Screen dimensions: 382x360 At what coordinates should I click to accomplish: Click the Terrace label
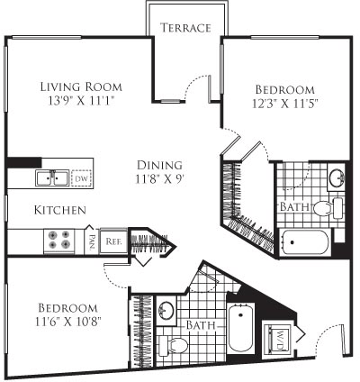pos(185,28)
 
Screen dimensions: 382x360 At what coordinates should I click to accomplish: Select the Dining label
pos(160,165)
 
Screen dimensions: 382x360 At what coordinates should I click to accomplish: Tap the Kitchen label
pos(60,210)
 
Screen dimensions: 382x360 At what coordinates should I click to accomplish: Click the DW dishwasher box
pos(82,178)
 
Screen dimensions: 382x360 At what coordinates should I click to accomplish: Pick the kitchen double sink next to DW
pos(51,178)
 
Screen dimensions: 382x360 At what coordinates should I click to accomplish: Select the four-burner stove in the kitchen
pos(60,239)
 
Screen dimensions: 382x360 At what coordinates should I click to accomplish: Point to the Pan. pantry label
pos(94,240)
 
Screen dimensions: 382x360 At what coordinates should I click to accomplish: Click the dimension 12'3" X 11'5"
pos(284,104)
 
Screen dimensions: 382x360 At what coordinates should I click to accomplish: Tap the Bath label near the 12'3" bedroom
pos(294,206)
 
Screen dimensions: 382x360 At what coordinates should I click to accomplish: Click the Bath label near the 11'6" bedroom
pos(201,323)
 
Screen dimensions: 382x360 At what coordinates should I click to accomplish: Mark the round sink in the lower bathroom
pos(166,311)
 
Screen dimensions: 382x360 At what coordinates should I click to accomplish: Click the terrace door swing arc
pos(193,86)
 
